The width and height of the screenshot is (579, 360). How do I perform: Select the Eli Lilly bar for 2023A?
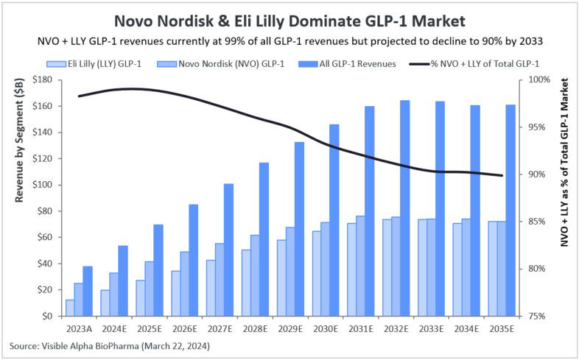click(x=70, y=308)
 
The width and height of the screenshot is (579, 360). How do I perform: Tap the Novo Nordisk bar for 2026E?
click(x=185, y=284)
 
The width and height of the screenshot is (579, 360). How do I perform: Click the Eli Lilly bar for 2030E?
click(x=317, y=274)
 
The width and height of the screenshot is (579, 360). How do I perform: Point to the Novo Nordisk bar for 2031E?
click(x=360, y=266)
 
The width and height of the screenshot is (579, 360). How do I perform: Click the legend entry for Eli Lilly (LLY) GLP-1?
click(x=94, y=64)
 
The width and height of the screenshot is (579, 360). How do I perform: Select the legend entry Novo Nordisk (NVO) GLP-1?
click(x=220, y=64)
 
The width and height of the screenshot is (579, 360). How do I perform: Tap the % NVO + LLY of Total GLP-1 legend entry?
click(x=474, y=64)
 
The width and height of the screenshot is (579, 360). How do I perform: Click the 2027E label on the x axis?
click(x=220, y=328)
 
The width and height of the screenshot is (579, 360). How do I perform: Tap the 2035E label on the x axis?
click(x=502, y=328)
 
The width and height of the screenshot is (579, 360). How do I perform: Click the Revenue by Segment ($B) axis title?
click(x=19, y=141)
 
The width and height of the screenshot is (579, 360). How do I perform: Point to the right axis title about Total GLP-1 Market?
click(x=564, y=163)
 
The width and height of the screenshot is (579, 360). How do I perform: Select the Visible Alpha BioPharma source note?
click(x=110, y=346)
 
